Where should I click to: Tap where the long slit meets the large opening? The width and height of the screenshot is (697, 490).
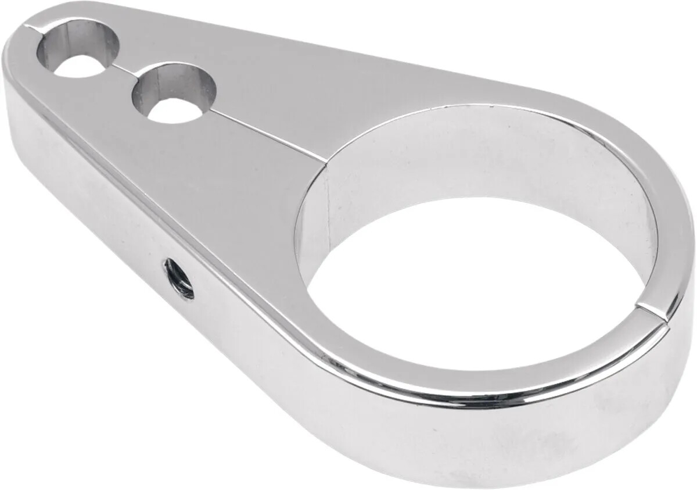(x=325, y=158)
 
